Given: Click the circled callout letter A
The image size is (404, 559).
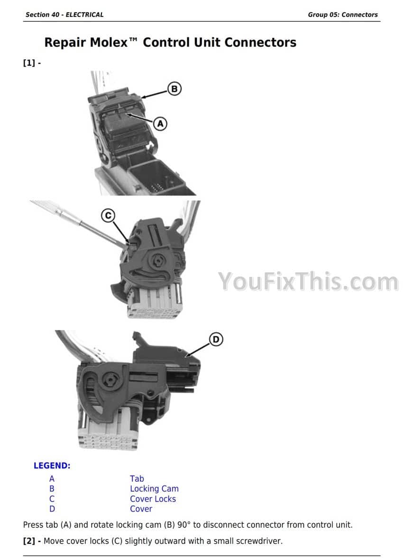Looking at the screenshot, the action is click(x=160, y=124).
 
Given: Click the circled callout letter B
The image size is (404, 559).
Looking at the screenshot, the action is click(x=174, y=88).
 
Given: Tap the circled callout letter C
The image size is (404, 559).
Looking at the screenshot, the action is click(x=108, y=215).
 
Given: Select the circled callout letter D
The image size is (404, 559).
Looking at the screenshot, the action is click(x=216, y=339).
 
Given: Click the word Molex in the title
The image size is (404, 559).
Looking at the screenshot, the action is click(x=109, y=42).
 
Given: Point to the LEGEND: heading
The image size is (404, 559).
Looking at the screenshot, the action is click(x=52, y=466).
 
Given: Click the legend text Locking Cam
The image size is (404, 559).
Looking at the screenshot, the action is click(x=154, y=489).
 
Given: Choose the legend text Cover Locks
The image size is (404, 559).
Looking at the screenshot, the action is click(x=153, y=499).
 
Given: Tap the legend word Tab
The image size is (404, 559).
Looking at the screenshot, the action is click(x=137, y=479).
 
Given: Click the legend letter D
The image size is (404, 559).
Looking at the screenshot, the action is click(x=52, y=509).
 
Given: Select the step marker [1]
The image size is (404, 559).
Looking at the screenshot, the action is click(x=29, y=63).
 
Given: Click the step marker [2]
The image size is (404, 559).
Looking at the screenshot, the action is click(x=29, y=541).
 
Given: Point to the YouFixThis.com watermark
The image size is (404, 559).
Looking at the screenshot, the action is click(x=308, y=282).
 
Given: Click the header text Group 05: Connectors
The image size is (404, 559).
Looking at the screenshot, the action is click(x=343, y=15).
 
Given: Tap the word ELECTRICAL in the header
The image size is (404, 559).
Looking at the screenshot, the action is click(x=84, y=15).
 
